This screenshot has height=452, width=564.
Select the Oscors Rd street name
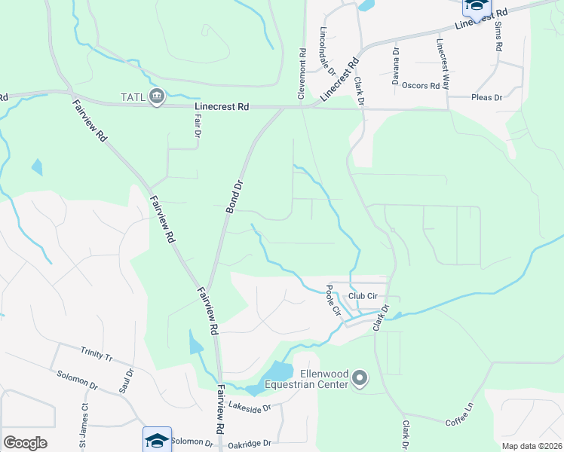[x=421, y=86]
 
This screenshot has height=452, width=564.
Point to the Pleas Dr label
[x=486, y=97]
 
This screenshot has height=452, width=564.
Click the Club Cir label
[x=362, y=295]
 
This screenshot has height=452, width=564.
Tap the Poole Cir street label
[x=334, y=301]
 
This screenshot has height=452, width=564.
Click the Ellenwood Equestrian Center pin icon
[x=360, y=379]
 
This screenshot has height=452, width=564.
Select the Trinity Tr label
[x=96, y=355]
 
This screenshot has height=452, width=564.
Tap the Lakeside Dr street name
[x=250, y=409]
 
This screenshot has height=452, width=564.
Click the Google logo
[x=25, y=442]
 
